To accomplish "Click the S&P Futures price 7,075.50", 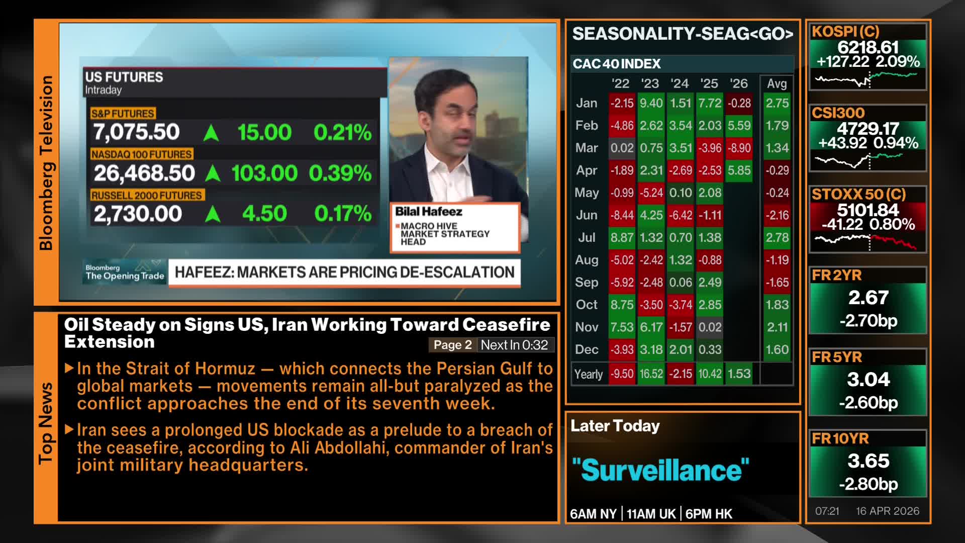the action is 136,132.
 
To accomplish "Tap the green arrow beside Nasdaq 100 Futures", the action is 213,173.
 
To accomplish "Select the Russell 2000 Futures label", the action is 146,195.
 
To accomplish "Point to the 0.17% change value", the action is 343,214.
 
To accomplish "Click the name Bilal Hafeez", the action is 429,212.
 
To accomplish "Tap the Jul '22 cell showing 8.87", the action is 622,237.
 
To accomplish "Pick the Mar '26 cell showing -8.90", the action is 739,148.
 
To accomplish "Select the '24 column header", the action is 680,83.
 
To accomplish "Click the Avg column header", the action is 777,84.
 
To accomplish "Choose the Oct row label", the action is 587,305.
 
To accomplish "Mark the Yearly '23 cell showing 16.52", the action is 651,374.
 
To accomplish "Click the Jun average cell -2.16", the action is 777,215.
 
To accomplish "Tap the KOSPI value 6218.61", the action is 868,47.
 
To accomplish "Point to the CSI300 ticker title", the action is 838,113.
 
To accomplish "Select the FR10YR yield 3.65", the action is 868,461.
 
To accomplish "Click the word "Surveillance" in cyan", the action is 660,470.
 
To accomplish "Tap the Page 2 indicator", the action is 453,345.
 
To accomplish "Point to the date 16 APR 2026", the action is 888,511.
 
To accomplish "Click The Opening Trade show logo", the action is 125,272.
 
